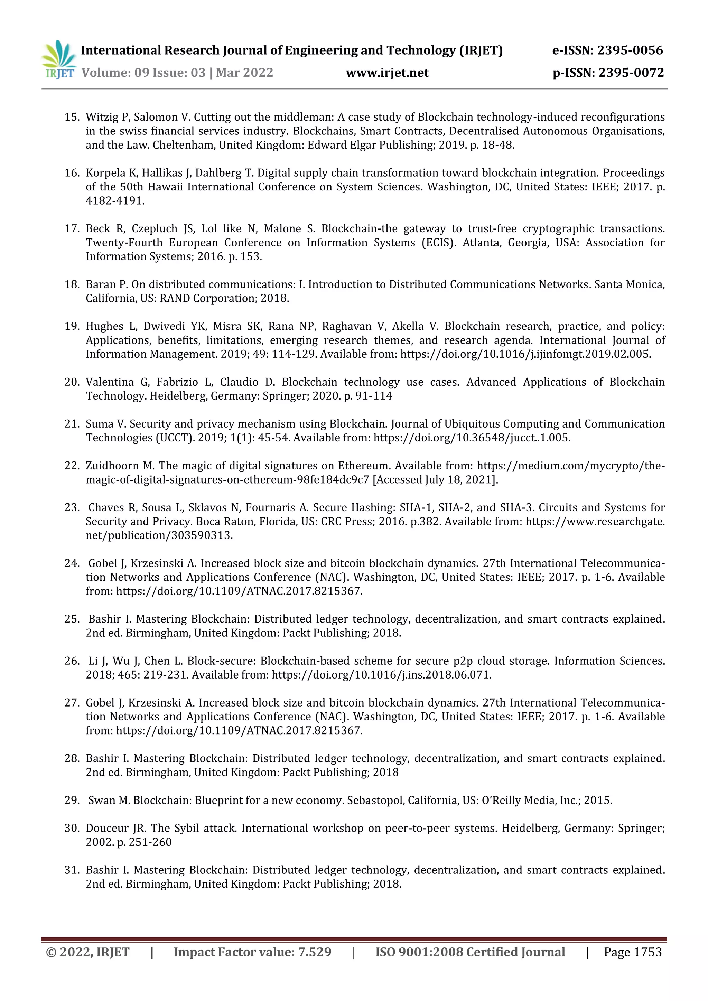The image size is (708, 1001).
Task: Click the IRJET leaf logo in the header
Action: pyautogui.click(x=58, y=59)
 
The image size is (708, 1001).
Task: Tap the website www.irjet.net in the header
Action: pyautogui.click(x=387, y=73)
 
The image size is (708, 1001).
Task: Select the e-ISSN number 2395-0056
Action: pyautogui.click(x=630, y=50)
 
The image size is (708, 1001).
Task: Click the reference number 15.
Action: pyautogui.click(x=72, y=117)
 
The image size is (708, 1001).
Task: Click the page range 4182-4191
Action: pyautogui.click(x=114, y=201)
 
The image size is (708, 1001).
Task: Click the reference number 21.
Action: pyautogui.click(x=72, y=424)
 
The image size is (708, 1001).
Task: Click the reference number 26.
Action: pyautogui.click(x=72, y=661)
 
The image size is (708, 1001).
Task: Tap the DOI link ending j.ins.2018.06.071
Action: pyautogui.click(x=381, y=675)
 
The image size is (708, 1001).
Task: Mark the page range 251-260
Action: pyautogui.click(x=150, y=843)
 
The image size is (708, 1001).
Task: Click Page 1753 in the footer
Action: pyautogui.click(x=633, y=953)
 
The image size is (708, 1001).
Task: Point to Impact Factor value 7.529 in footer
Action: pyautogui.click(x=252, y=953)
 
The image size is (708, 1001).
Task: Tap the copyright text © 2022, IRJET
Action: pyautogui.click(x=87, y=953)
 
